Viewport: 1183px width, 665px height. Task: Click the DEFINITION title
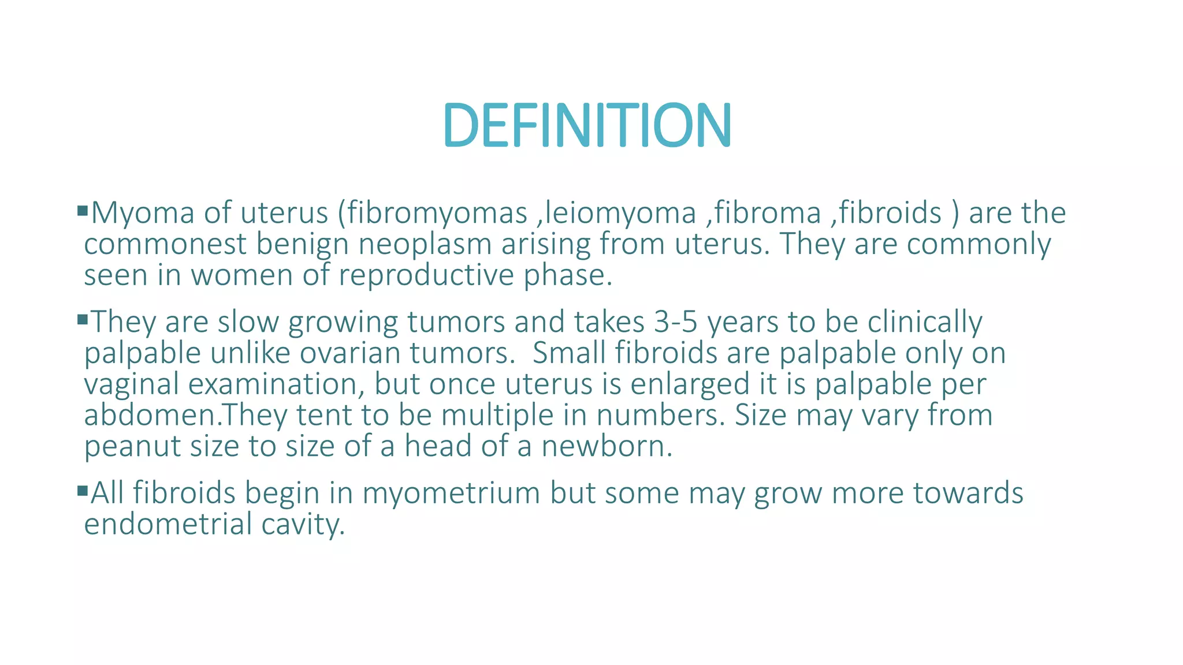[x=587, y=125]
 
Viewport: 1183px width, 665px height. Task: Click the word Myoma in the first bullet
[x=143, y=213]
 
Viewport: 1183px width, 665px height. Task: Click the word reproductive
[x=426, y=275]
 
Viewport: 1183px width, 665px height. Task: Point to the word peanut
[x=132, y=446]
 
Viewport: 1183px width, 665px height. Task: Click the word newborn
[x=607, y=446]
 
